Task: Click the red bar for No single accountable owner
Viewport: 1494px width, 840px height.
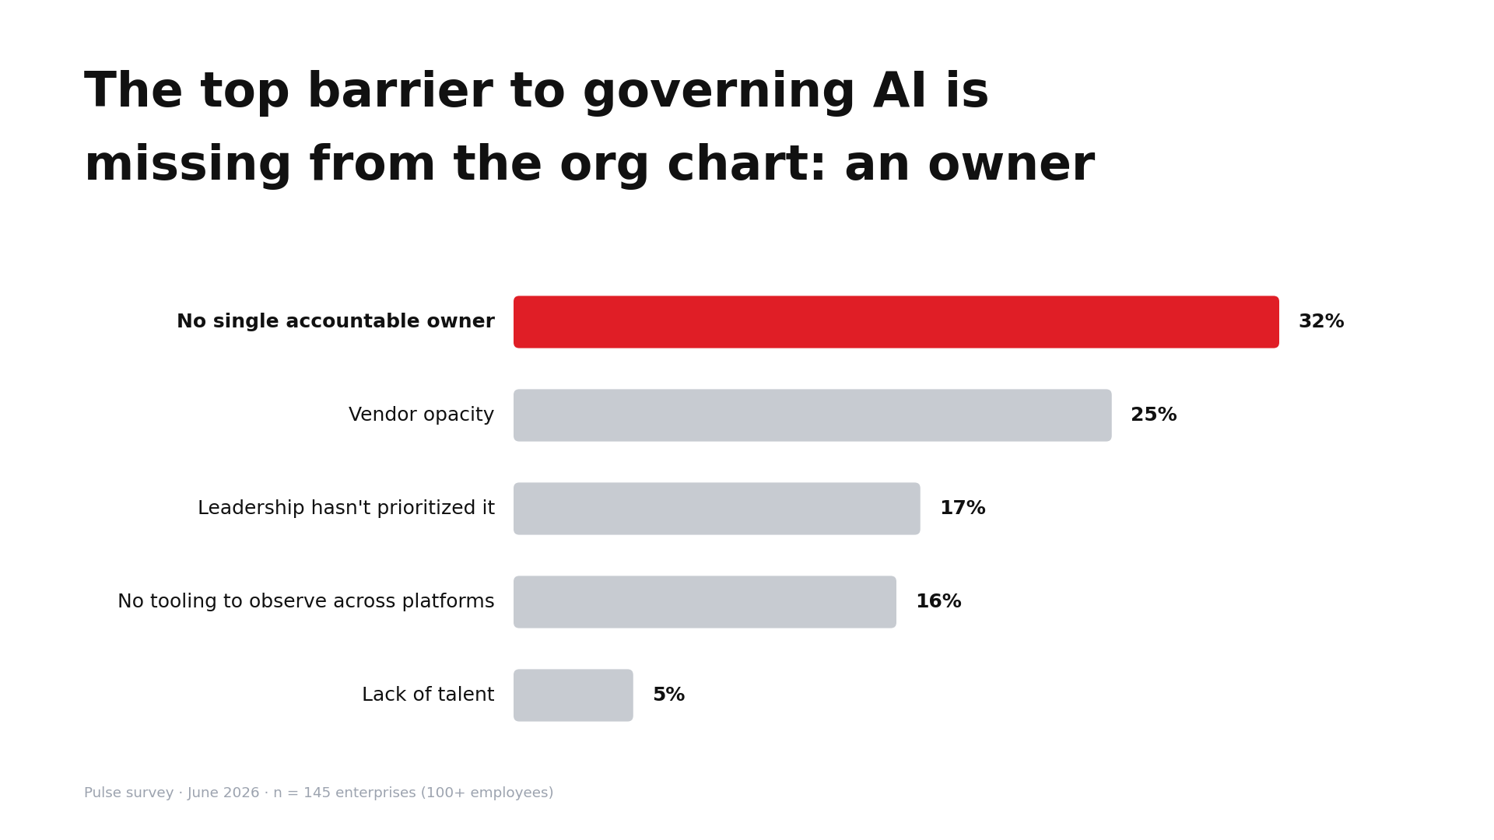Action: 896,322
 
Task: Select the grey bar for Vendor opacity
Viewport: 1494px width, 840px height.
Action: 812,415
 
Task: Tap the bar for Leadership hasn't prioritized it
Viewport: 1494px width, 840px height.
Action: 717,509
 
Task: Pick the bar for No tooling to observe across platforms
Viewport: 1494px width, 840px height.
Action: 705,602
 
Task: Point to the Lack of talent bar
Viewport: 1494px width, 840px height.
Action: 573,695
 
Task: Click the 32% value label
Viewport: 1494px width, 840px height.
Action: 1321,322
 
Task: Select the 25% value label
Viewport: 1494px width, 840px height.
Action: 1154,415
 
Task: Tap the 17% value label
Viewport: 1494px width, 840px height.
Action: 963,509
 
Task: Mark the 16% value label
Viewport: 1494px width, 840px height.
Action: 938,602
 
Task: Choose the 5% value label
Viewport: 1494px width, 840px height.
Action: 669,695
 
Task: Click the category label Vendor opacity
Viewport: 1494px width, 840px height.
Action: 422,415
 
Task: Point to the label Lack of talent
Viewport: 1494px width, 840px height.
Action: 428,695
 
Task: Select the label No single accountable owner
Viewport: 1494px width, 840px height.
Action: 335,322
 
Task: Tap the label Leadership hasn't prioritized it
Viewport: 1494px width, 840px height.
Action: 346,509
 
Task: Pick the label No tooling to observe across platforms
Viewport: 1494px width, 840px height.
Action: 306,602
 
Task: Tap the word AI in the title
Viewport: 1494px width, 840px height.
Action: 900,92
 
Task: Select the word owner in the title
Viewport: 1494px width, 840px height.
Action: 1011,166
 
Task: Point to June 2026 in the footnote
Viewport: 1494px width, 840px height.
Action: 223,793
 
